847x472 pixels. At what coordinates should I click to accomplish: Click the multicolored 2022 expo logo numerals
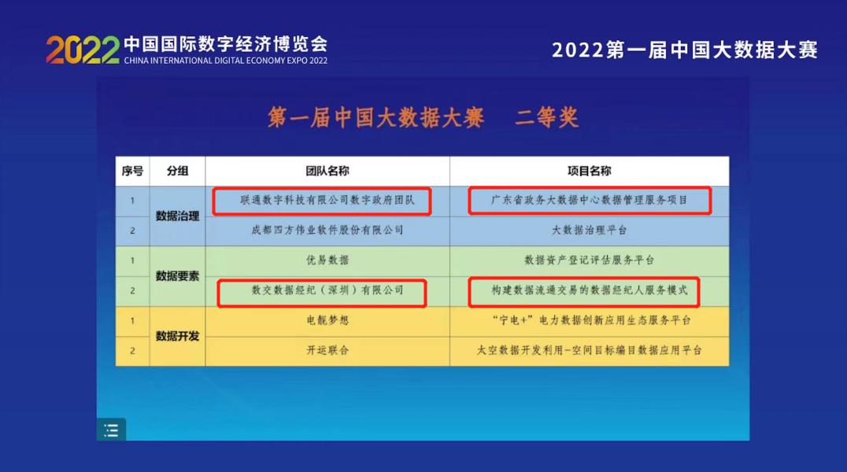pyautogui.click(x=82, y=50)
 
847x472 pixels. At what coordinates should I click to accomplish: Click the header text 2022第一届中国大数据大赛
pyautogui.click(x=685, y=50)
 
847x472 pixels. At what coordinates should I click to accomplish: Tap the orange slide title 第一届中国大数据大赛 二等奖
pyautogui.click(x=423, y=117)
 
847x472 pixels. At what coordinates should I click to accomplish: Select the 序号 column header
pyautogui.click(x=132, y=171)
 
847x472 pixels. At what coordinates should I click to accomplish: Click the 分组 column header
pyautogui.click(x=177, y=171)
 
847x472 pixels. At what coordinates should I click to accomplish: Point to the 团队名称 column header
pyautogui.click(x=327, y=171)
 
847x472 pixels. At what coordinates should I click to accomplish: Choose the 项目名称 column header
pyautogui.click(x=589, y=171)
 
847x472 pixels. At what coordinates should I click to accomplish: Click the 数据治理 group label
pyautogui.click(x=177, y=216)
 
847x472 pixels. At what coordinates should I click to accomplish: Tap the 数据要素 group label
pyautogui.click(x=177, y=275)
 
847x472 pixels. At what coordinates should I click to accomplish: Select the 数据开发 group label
pyautogui.click(x=177, y=336)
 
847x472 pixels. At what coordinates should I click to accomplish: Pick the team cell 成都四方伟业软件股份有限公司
pyautogui.click(x=327, y=230)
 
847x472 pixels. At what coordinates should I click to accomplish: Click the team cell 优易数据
pyautogui.click(x=327, y=260)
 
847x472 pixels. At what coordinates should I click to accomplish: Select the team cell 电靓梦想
pyautogui.click(x=327, y=320)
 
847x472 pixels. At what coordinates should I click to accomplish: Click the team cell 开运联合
pyautogui.click(x=327, y=350)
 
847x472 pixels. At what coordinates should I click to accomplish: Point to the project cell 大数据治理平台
pyautogui.click(x=589, y=230)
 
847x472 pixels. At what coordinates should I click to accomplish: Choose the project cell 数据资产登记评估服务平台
pyautogui.click(x=589, y=260)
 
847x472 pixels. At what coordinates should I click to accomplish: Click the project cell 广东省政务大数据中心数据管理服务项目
pyautogui.click(x=589, y=201)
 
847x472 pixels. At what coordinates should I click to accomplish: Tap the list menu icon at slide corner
pyautogui.click(x=111, y=430)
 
